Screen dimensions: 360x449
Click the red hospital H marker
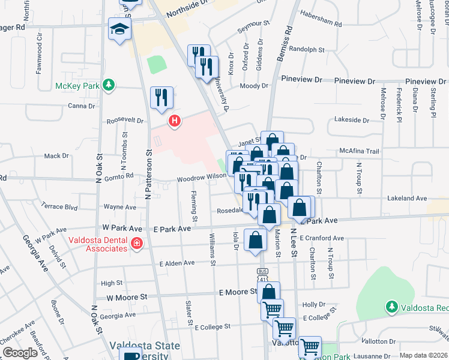click(175, 121)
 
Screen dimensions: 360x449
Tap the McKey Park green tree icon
click(108, 85)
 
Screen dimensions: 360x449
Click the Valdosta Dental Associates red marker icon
click(137, 243)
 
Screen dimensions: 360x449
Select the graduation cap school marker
click(119, 28)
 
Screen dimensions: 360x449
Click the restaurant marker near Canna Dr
click(161, 97)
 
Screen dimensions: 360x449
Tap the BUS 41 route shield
click(262, 275)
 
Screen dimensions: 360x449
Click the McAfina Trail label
click(359, 151)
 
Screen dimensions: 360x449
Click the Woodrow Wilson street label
click(200, 178)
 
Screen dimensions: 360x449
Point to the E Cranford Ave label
click(321, 238)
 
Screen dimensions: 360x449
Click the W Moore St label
click(127, 296)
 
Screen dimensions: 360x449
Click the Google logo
click(20, 353)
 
